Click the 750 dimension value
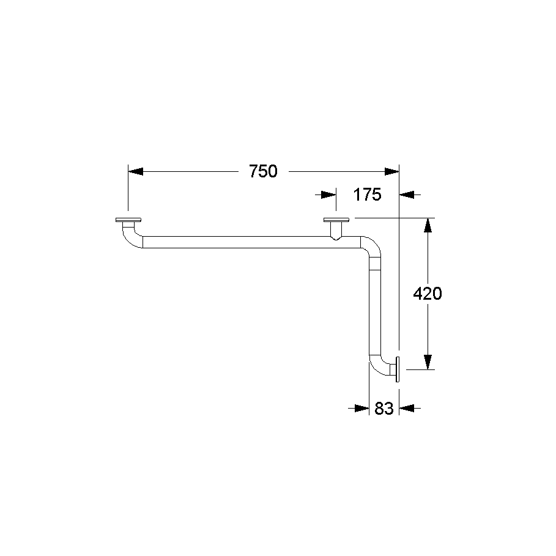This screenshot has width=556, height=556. (263, 171)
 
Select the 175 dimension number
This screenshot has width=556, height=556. (368, 195)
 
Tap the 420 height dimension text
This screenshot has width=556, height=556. (428, 294)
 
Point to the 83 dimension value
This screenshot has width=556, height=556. (384, 409)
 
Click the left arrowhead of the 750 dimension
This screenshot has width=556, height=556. (135, 172)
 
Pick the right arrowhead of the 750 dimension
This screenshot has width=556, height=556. (392, 172)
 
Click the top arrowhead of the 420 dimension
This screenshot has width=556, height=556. (428, 225)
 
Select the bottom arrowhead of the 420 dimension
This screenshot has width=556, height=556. (428, 362)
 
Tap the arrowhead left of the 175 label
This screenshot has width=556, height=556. (328, 195)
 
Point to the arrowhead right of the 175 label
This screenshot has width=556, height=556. (407, 195)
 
